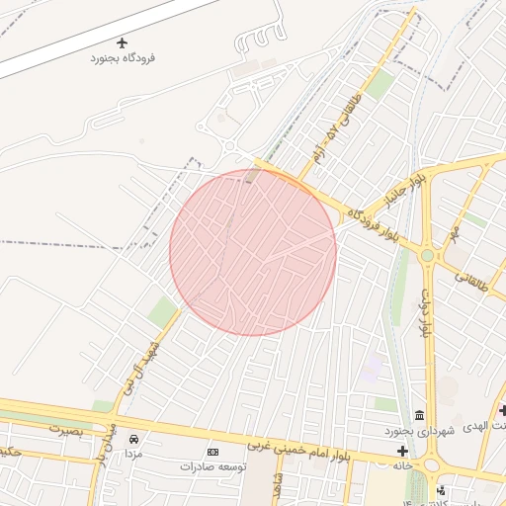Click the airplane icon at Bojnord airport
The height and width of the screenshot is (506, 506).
(x=123, y=42)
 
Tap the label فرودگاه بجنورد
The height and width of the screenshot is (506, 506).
(x=124, y=58)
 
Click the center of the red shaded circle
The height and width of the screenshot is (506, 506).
(x=253, y=252)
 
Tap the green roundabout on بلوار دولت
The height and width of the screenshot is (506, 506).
(x=427, y=255)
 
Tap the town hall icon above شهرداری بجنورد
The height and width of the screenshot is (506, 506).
(x=420, y=414)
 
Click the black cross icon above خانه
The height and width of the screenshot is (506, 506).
(x=402, y=451)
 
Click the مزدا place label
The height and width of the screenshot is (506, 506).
(x=133, y=452)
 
